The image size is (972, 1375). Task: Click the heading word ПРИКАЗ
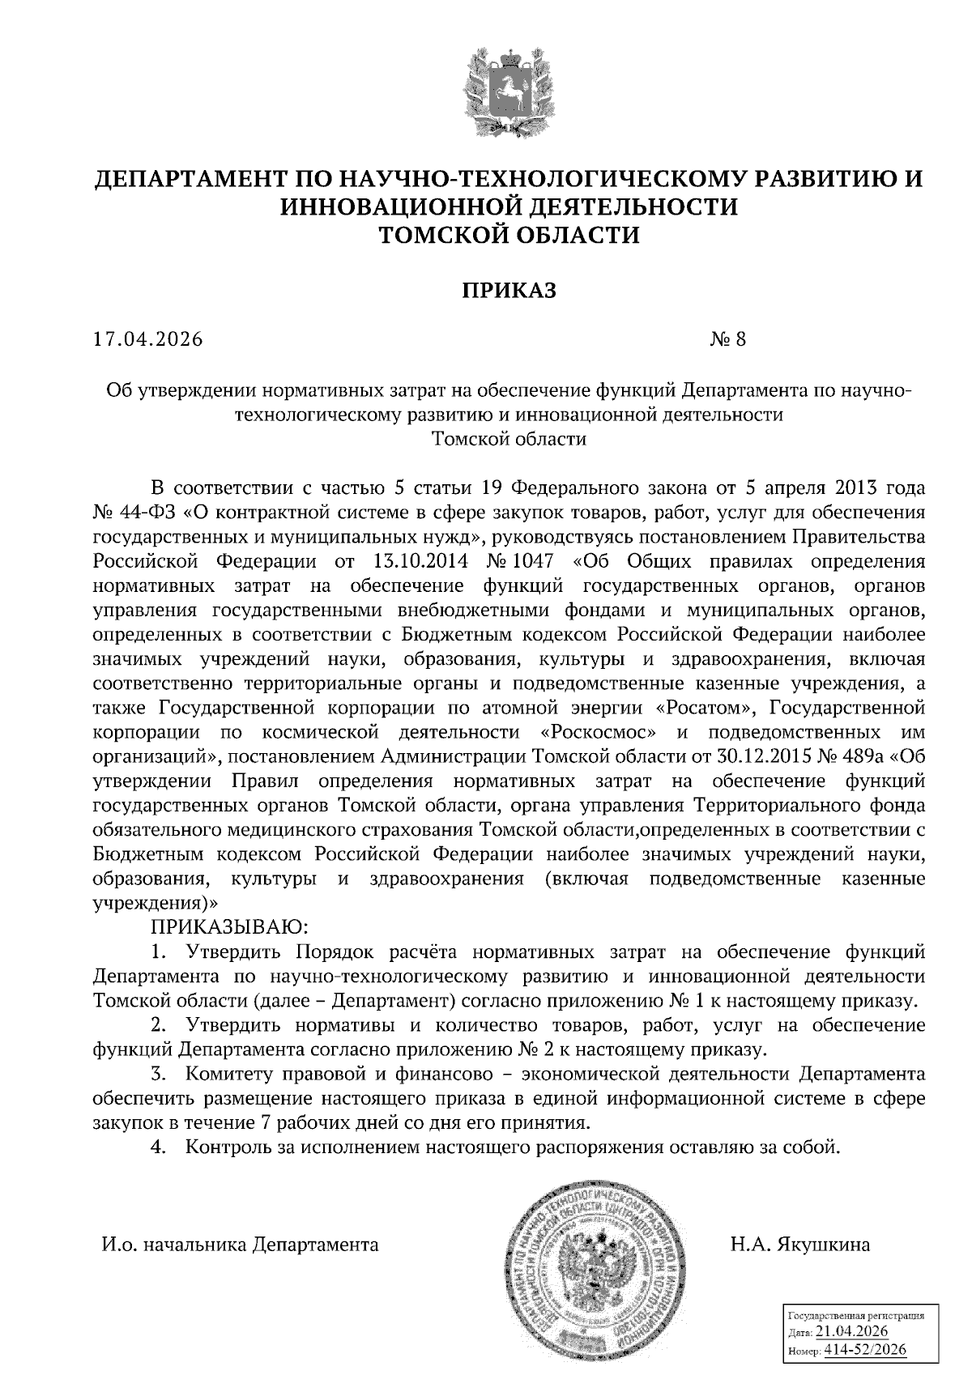[x=509, y=290]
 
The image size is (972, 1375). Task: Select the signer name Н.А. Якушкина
[x=799, y=1245]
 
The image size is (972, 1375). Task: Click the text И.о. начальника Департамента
[x=240, y=1245]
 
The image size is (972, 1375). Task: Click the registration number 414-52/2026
[x=863, y=1350]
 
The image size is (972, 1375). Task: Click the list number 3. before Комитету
[x=159, y=1075]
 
